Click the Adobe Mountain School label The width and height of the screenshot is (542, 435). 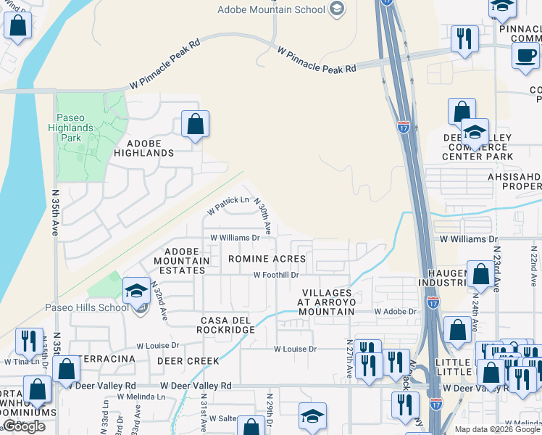click(272, 9)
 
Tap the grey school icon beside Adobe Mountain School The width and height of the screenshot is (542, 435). click(336, 9)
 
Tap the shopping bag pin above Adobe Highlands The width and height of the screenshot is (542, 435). click(195, 124)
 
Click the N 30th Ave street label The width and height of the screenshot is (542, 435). click(265, 217)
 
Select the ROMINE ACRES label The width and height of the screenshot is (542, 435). click(267, 259)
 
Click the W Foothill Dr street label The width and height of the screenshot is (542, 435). click(276, 275)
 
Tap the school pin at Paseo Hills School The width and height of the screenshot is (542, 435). click(135, 291)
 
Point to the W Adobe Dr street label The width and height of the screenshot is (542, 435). click(396, 311)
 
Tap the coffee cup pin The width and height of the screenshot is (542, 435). click(525, 56)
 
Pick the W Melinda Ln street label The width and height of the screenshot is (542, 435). click(141, 397)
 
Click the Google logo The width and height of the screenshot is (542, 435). click(24, 426)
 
